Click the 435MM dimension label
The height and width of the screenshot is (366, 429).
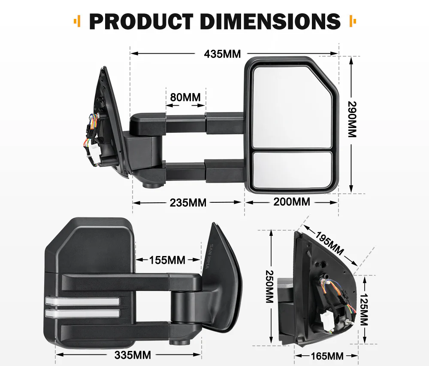point(222,54)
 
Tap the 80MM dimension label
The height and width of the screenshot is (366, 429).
point(185,97)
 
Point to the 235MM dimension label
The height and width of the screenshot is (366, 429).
point(188,202)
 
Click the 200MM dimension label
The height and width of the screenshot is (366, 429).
point(291,201)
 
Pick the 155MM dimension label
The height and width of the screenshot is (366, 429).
point(167,260)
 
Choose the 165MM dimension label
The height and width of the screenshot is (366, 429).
point(326,356)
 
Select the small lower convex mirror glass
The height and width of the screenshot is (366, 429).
point(292,169)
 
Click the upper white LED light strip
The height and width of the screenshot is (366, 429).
point(82,301)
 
